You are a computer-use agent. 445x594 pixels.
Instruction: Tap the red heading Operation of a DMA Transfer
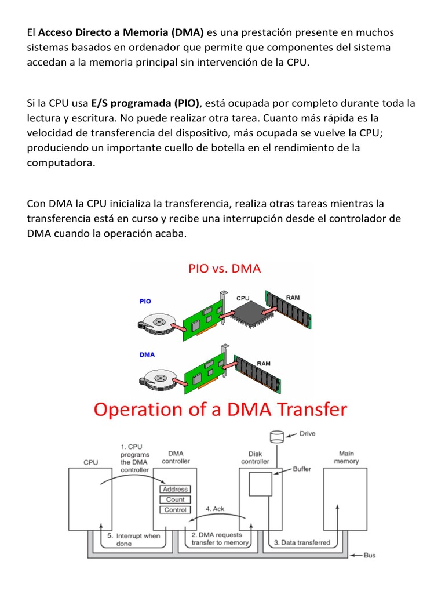(220, 410)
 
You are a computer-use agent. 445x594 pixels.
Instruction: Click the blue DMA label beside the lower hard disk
(147, 354)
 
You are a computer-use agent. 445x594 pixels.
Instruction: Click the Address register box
(175, 489)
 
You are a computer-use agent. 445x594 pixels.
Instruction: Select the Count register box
(175, 499)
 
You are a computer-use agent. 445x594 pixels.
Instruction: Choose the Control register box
(175, 510)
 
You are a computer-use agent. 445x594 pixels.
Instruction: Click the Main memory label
(347, 457)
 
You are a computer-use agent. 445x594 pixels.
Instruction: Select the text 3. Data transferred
(301, 542)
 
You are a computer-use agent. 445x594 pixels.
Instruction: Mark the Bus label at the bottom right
(369, 555)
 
